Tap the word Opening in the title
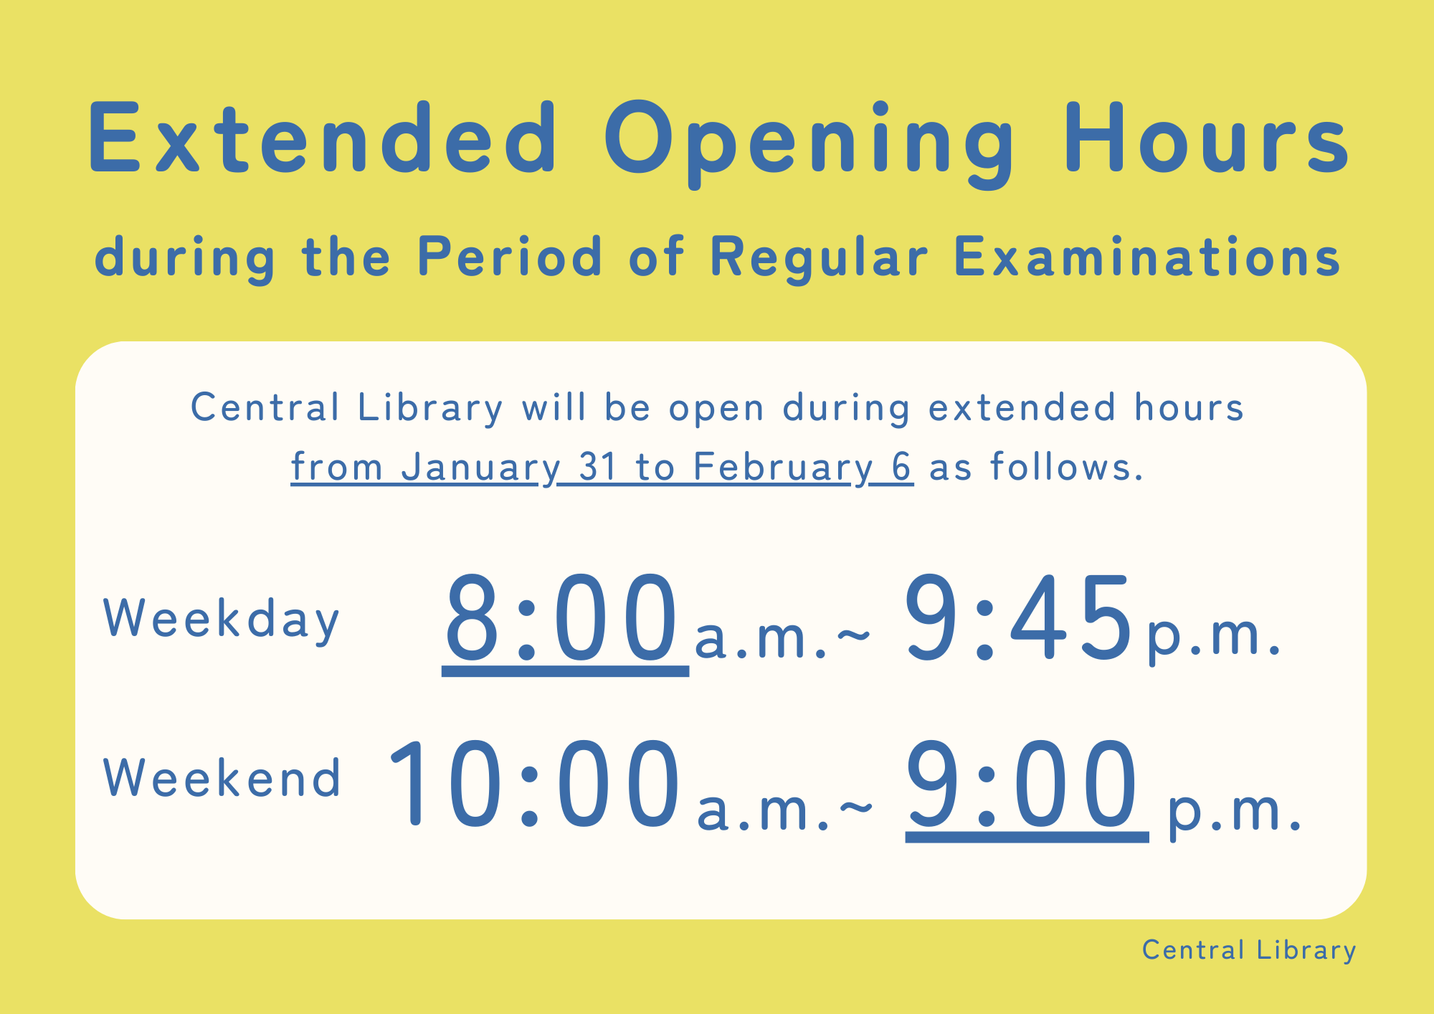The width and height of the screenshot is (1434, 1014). click(809, 143)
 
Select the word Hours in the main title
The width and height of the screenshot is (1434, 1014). click(1207, 138)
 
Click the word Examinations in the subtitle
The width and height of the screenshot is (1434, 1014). click(1147, 257)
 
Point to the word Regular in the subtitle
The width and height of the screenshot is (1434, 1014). click(819, 258)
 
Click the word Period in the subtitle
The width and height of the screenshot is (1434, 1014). click(510, 256)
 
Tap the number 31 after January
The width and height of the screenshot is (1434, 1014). click(598, 467)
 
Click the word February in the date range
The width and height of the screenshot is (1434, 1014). click(783, 468)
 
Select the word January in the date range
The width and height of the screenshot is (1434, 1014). click(480, 468)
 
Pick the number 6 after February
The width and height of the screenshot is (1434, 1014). click(901, 467)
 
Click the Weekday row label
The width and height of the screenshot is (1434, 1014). click(222, 620)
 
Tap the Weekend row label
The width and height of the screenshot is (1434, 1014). click(222, 778)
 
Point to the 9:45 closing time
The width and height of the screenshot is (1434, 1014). click(1017, 618)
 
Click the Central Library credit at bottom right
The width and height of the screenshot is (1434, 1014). click(1249, 951)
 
